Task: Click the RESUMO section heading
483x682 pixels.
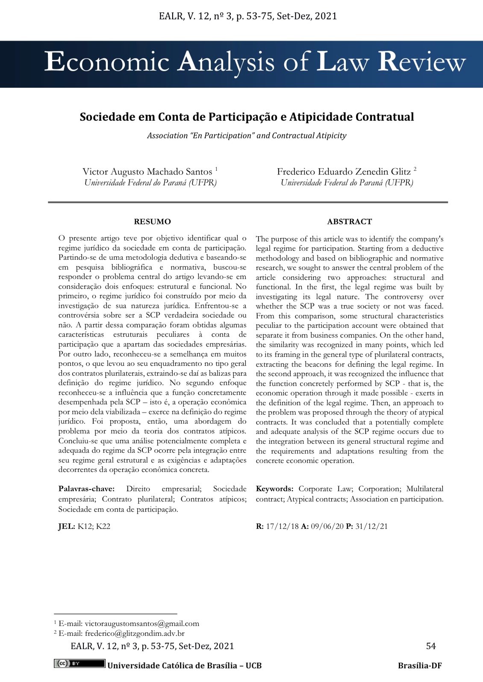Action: click(152, 222)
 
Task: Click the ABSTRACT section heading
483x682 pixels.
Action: click(349, 222)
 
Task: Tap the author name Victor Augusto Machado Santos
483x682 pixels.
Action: click(147, 172)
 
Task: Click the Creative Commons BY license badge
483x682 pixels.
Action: click(79, 664)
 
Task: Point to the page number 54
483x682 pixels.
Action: click(431, 646)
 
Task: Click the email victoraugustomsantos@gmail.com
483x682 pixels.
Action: click(142, 623)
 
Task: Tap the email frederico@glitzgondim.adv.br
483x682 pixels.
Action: click(135, 633)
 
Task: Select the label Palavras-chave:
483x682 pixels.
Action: click(86, 489)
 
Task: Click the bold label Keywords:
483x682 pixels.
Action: click(274, 489)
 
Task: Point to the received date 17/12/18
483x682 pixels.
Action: click(282, 526)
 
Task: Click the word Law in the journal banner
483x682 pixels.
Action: click(342, 62)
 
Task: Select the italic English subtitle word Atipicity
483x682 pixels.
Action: click(331, 136)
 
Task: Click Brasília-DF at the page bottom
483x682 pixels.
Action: click(420, 665)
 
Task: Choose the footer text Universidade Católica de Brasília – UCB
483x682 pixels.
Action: click(184, 665)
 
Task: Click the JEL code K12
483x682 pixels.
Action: click(85, 526)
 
